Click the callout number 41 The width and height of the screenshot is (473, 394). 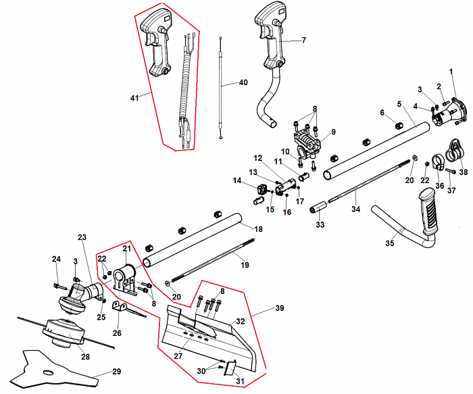coord(134,98)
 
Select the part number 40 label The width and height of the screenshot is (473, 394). coord(243,83)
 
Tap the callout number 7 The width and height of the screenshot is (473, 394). coord(303,41)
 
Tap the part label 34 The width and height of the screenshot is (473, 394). coord(356,210)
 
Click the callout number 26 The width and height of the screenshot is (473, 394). coord(118,333)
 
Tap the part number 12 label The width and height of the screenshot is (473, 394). coord(257,158)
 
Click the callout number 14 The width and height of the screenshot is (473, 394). coord(237,180)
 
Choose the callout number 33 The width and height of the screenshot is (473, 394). coord(320,224)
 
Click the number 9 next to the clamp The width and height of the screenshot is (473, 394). coord(333,131)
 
